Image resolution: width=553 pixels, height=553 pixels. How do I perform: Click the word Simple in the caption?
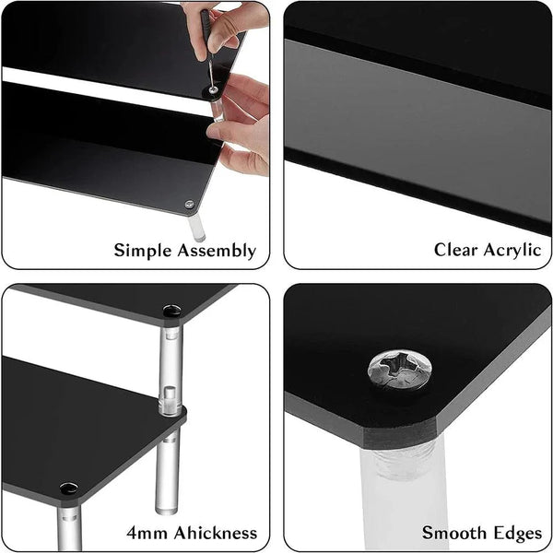point(141,250)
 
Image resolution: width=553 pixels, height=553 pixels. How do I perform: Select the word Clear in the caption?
point(456,250)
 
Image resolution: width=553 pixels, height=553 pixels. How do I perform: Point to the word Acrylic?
point(512,250)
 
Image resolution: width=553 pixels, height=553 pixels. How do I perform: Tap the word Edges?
point(516,533)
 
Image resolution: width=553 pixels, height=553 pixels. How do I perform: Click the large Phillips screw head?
point(399,370)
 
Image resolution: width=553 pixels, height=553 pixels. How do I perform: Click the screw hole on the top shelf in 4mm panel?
point(171,312)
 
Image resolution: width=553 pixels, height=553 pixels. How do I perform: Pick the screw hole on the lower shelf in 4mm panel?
point(68,488)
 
